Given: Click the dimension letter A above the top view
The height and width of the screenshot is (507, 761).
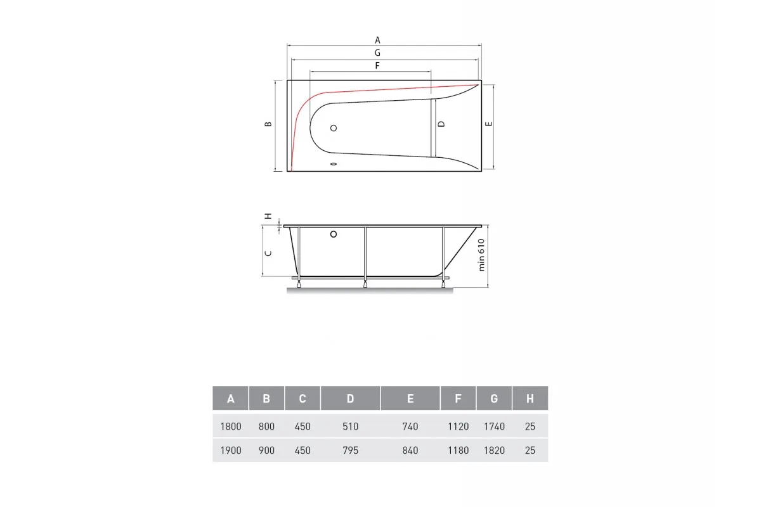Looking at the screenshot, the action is click(x=377, y=41).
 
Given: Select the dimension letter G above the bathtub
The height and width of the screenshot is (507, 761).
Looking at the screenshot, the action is click(x=377, y=53).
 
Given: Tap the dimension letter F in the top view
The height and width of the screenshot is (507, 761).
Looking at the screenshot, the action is click(x=377, y=65).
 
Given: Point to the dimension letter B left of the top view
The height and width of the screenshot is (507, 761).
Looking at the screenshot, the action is click(x=268, y=124).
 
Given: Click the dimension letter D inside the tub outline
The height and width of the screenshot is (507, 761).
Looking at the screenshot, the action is click(x=441, y=124).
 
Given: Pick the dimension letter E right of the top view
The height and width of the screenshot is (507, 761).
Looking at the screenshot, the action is click(x=488, y=124).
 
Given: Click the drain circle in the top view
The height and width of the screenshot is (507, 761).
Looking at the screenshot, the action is click(x=334, y=128).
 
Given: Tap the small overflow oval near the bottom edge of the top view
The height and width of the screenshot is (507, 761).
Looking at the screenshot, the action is click(x=334, y=164).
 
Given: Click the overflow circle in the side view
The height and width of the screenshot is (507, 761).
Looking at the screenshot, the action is click(x=334, y=234).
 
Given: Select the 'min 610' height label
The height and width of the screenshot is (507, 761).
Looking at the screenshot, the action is click(x=481, y=255).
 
